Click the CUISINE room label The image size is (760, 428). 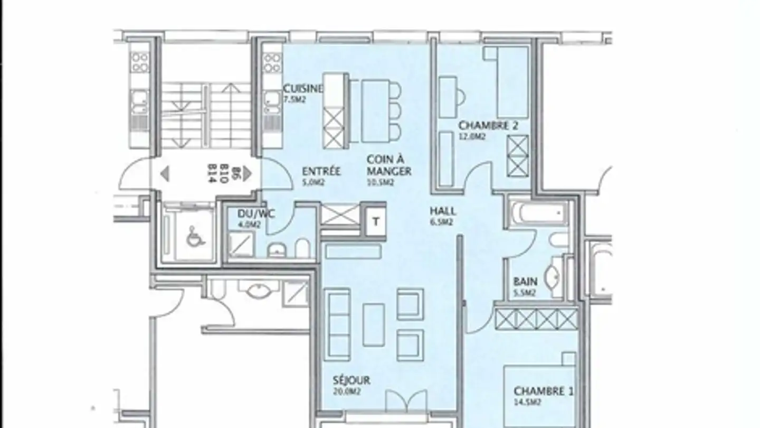[x=302, y=88]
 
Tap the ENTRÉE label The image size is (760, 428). [x=321, y=172]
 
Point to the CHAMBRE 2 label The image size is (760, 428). [x=488, y=126]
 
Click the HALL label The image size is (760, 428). [x=443, y=211]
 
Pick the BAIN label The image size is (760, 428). [x=525, y=282]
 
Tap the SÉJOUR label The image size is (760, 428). [x=351, y=380]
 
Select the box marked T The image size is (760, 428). [x=376, y=221]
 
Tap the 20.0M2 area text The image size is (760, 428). [x=346, y=392]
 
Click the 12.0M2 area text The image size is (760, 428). [x=472, y=136]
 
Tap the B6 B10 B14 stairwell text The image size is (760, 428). [x=214, y=173]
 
